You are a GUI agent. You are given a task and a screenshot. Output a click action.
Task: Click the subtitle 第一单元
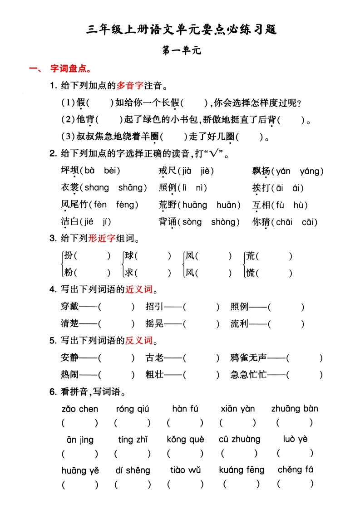click(181, 51)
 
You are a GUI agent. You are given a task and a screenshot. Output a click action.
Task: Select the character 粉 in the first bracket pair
click(69, 273)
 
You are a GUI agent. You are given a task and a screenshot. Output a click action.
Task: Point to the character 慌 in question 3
click(250, 273)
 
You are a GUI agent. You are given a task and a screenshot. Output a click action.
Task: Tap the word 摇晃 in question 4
click(154, 324)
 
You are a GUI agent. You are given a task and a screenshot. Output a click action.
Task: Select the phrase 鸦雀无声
click(248, 358)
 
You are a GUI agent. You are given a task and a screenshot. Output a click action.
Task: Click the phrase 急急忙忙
click(248, 375)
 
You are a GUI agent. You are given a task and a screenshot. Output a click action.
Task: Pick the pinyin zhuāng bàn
click(295, 409)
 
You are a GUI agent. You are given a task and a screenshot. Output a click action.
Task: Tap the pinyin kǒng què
click(185, 440)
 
